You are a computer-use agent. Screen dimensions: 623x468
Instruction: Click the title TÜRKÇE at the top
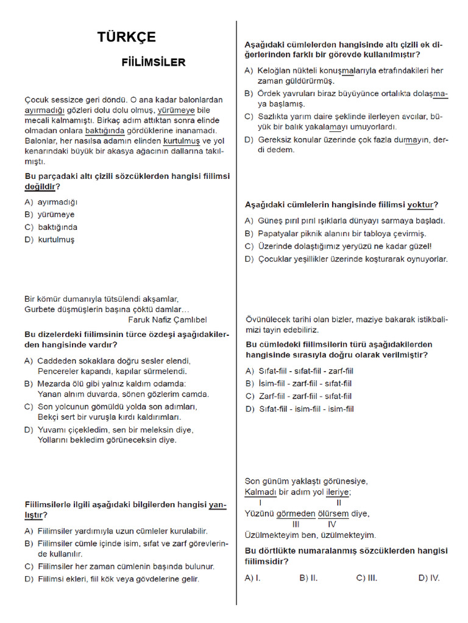point(126,37)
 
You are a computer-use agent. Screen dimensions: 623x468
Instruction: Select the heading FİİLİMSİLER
point(154,62)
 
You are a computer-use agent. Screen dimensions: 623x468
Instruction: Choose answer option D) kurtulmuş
point(50,240)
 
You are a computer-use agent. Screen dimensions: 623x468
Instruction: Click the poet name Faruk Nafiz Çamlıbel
point(168,319)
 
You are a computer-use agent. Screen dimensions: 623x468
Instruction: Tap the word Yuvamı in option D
point(51,430)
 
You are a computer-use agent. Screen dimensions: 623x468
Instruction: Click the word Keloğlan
point(276,71)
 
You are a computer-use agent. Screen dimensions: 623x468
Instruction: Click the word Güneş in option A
point(271,220)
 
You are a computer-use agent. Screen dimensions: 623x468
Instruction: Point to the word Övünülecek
point(270,319)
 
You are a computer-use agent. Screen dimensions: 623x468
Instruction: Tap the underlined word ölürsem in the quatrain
point(331,513)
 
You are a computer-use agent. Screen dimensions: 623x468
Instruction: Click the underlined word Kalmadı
point(261,492)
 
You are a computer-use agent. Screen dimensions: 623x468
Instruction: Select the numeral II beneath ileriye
point(339,503)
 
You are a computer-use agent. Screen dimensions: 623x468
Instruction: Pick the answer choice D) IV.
point(428,578)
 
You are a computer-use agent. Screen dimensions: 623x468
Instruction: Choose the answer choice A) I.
point(252,578)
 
